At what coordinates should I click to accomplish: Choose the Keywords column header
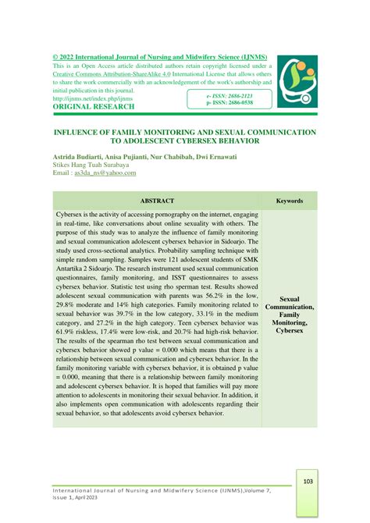click(x=290, y=201)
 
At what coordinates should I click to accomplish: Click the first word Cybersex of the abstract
click(x=70, y=212)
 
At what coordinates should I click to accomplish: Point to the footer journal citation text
click(x=148, y=491)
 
